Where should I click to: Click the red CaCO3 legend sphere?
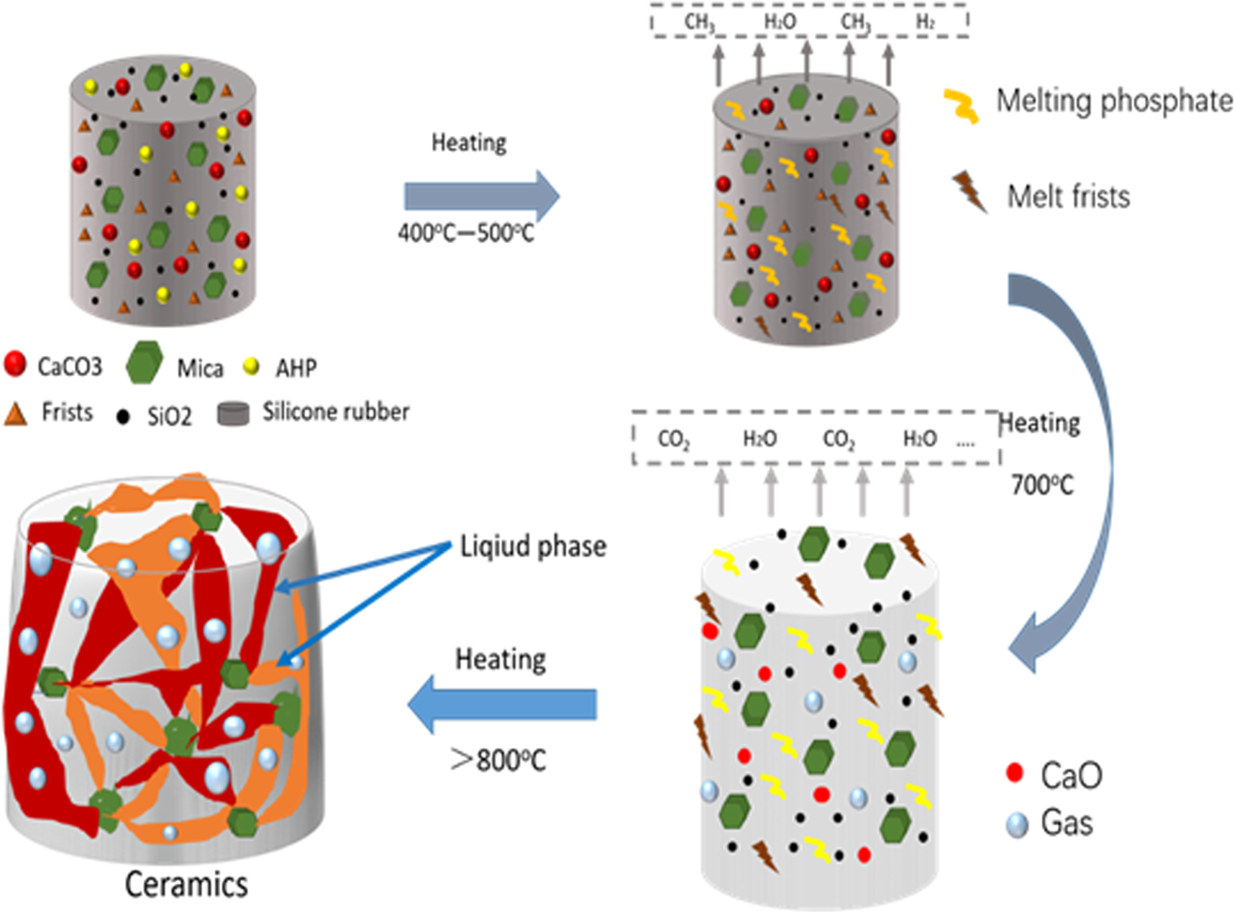point(15,365)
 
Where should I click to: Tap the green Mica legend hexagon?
point(144,363)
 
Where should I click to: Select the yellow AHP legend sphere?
point(251,367)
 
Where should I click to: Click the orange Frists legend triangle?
point(15,415)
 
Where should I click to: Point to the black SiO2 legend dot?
point(123,416)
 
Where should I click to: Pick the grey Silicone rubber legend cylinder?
point(233,413)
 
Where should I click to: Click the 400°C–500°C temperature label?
point(466,233)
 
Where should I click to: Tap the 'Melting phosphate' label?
point(1113,101)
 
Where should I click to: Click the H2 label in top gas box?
point(925,22)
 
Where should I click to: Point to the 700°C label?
point(1041,485)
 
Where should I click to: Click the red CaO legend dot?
point(1015,773)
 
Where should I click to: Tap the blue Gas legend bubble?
point(1017,825)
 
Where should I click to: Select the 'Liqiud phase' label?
point(533,547)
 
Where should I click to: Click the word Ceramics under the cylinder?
point(186,885)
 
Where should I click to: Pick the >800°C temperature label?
point(498,760)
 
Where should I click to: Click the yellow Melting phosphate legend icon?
point(962,105)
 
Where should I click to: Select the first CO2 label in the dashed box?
point(673,439)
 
